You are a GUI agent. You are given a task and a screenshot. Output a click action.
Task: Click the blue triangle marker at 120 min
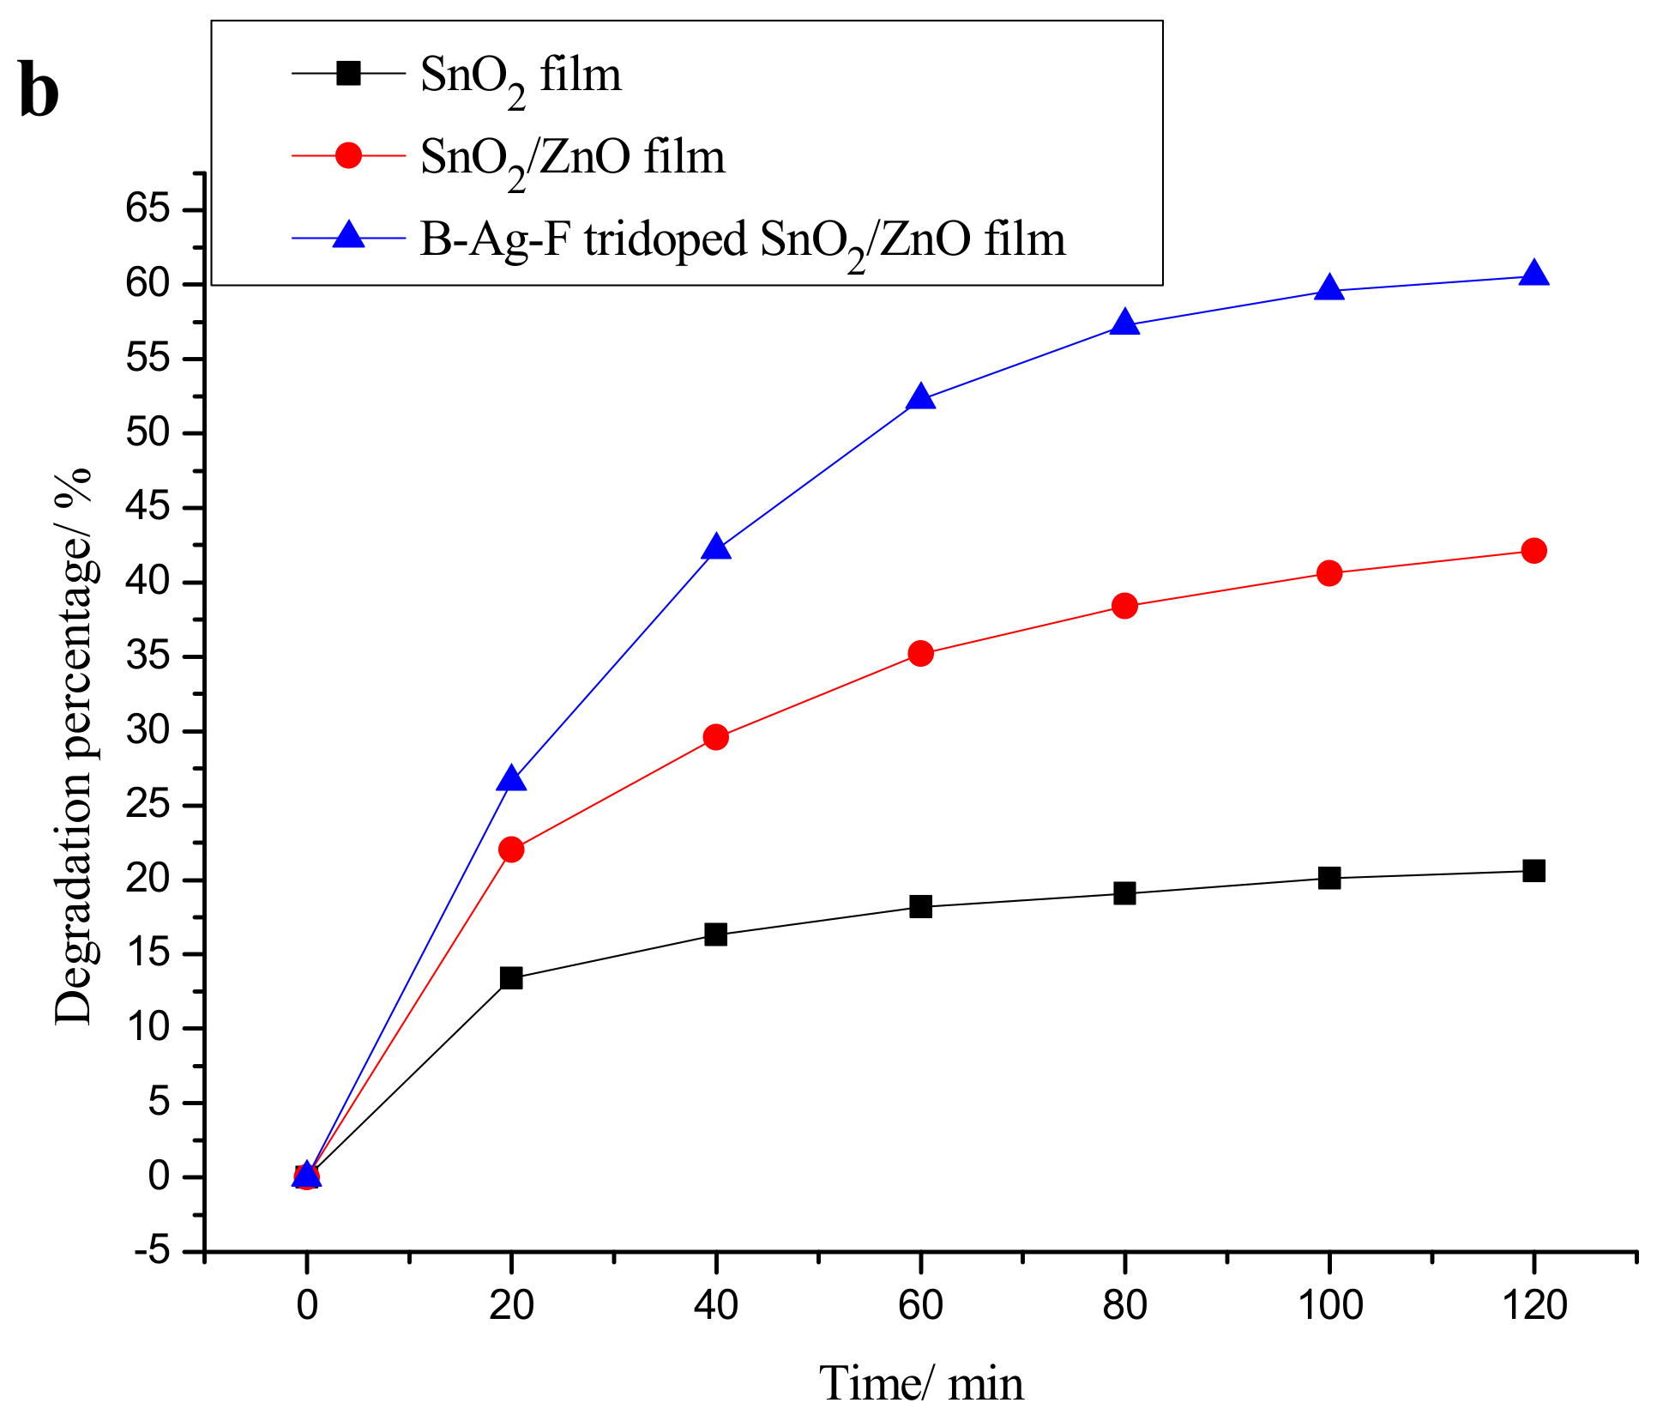[x=1533, y=275]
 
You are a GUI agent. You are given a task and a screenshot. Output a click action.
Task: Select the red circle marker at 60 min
[x=920, y=654]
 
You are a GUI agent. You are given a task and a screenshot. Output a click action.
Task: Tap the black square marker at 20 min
[x=511, y=977]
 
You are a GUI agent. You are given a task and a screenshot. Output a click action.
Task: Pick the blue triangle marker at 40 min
[x=716, y=547]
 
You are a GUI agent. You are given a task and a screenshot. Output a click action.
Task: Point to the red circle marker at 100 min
[x=1329, y=573]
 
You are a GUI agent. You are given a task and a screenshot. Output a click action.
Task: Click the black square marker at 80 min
[x=1124, y=893]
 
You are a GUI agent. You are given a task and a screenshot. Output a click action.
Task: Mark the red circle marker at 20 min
[x=511, y=850]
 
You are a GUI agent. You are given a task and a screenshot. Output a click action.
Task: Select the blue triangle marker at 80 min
[x=1124, y=324]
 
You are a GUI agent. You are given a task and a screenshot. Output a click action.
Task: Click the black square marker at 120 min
[x=1533, y=871]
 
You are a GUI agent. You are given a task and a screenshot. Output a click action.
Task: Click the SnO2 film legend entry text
[x=521, y=77]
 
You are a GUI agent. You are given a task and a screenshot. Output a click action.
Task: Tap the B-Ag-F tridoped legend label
[x=742, y=241]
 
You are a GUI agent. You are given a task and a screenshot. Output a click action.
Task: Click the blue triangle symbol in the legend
[x=348, y=235]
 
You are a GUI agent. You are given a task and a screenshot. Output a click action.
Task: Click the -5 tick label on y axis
[x=152, y=1252]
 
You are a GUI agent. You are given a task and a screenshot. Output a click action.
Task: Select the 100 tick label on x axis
[x=1329, y=1306]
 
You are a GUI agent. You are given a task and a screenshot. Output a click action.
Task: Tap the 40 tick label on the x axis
[x=716, y=1306]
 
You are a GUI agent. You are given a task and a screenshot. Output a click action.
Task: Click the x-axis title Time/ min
[x=921, y=1384]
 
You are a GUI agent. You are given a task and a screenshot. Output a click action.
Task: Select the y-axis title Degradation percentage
[x=74, y=746]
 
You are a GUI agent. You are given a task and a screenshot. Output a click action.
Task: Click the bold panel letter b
[x=39, y=92]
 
